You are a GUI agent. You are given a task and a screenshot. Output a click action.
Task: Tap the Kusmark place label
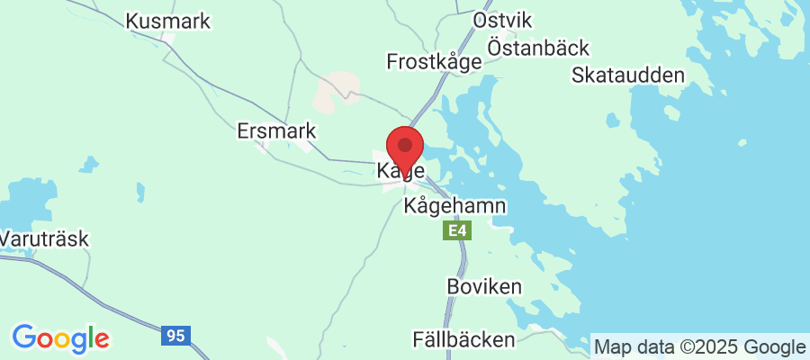coord(168,21)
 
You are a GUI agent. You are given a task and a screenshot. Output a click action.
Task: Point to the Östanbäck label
coord(538,47)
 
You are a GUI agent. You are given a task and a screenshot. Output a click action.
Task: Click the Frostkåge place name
coord(435,61)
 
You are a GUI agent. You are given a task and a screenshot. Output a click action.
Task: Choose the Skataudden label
coord(628,75)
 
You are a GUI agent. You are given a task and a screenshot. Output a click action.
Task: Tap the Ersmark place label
coord(276,131)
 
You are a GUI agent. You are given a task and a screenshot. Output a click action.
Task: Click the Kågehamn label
coord(455,206)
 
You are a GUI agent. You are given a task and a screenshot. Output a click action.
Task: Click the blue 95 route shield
coord(175,336)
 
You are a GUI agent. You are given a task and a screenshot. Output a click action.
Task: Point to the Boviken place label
coord(484,286)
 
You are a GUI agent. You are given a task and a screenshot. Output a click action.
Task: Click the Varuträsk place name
coord(44,239)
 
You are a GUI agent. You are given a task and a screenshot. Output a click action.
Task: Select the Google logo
coord(60,338)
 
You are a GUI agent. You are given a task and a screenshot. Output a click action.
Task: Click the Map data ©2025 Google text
coord(699,347)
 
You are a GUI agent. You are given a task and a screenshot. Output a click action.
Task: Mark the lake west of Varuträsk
coord(22,202)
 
